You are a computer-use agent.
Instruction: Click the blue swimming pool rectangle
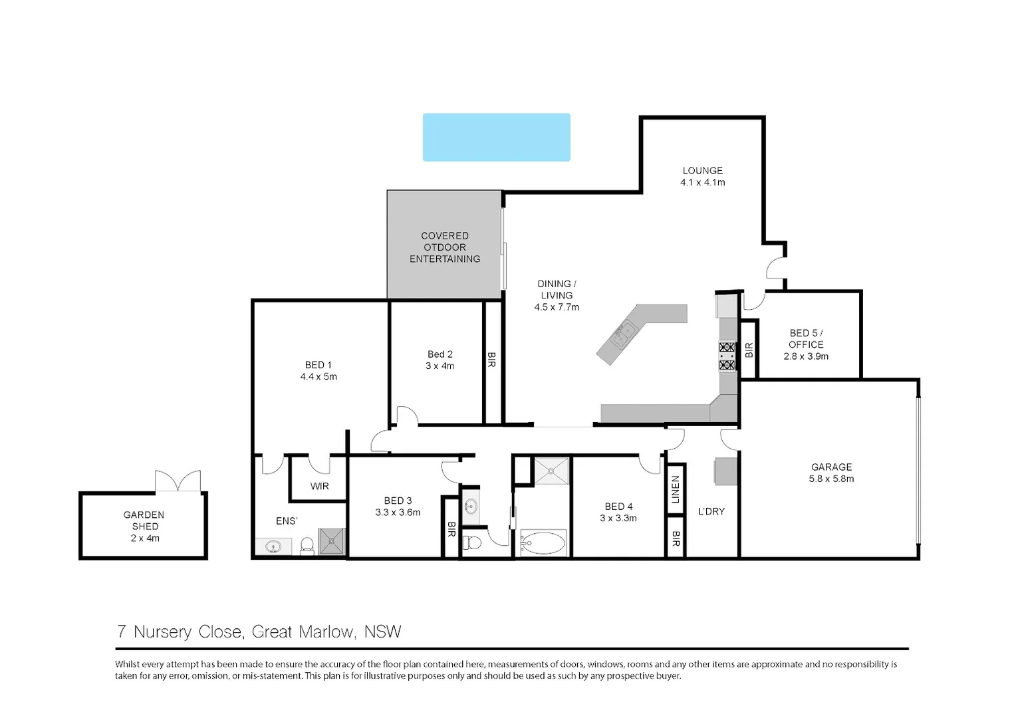(x=496, y=137)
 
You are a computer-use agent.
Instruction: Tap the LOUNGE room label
(x=702, y=171)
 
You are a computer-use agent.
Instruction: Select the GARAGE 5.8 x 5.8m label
(x=831, y=473)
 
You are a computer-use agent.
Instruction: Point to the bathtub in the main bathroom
(x=543, y=543)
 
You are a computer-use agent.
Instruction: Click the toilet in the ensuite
(x=307, y=546)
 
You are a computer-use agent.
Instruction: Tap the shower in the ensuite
(x=332, y=541)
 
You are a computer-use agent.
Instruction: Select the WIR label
(x=319, y=487)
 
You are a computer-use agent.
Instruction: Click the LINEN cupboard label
(x=676, y=489)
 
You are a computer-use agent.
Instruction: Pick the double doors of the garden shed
(x=178, y=481)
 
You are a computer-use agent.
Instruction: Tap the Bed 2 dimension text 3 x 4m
(x=440, y=366)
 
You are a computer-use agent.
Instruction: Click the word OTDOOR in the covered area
(x=445, y=247)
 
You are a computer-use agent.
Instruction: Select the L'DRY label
(x=711, y=511)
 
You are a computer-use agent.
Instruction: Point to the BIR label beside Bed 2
(x=492, y=360)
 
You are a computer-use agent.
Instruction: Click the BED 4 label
(x=618, y=507)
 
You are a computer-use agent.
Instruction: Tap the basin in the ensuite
(x=273, y=547)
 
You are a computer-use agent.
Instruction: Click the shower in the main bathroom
(x=552, y=471)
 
